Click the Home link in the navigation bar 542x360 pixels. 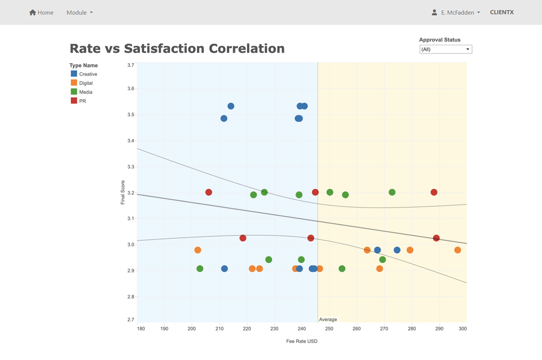[41, 12]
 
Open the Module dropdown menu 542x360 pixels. [80, 12]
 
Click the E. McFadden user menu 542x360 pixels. [456, 12]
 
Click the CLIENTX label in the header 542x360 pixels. [502, 12]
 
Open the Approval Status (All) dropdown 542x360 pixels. [445, 49]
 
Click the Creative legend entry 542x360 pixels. [87, 74]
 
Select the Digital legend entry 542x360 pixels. [86, 83]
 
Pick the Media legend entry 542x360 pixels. [86, 92]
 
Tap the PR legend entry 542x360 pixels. [82, 101]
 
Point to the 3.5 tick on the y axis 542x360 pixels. [131, 115]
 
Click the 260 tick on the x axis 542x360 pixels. [357, 329]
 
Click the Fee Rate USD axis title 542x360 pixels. [302, 341]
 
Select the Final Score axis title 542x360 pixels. [123, 192]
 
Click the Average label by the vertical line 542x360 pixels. [328, 319]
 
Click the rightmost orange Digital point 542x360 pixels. [457, 250]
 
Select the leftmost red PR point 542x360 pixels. [208, 192]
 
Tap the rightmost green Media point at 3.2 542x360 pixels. [392, 192]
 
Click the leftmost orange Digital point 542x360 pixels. [198, 250]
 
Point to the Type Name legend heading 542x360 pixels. [84, 65]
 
